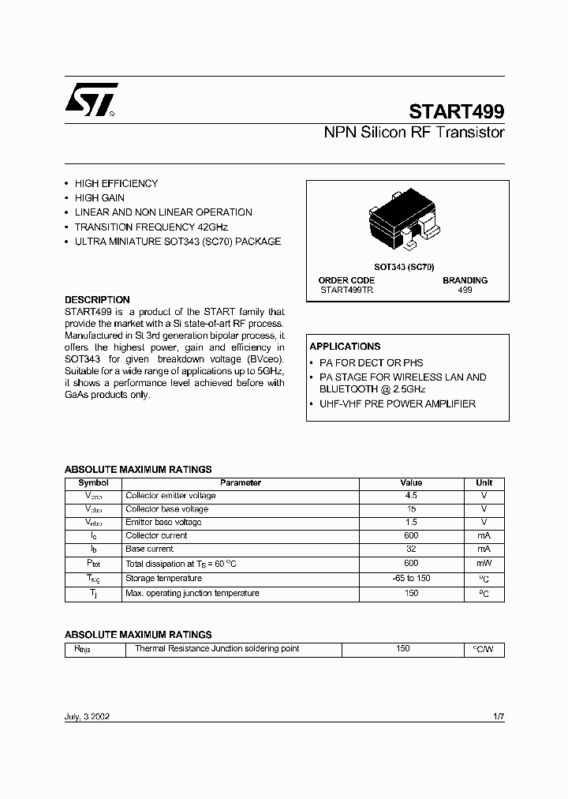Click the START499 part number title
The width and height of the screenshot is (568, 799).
[457, 111]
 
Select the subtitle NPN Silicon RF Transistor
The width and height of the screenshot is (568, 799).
[414, 133]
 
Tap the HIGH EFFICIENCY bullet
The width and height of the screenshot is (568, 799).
[116, 184]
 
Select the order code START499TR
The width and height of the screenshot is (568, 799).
[346, 291]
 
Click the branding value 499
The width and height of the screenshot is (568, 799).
[465, 291]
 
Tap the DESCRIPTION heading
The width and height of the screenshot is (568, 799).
[97, 300]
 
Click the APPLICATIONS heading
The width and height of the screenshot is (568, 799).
[345, 347]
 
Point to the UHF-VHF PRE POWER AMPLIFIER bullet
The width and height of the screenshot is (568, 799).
[398, 404]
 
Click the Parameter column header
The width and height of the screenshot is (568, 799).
[241, 482]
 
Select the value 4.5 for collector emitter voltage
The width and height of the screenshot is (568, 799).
[411, 496]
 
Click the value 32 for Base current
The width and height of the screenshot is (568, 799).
[411, 549]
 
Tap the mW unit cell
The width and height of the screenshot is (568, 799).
[484, 564]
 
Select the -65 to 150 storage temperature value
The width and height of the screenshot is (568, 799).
[411, 579]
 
